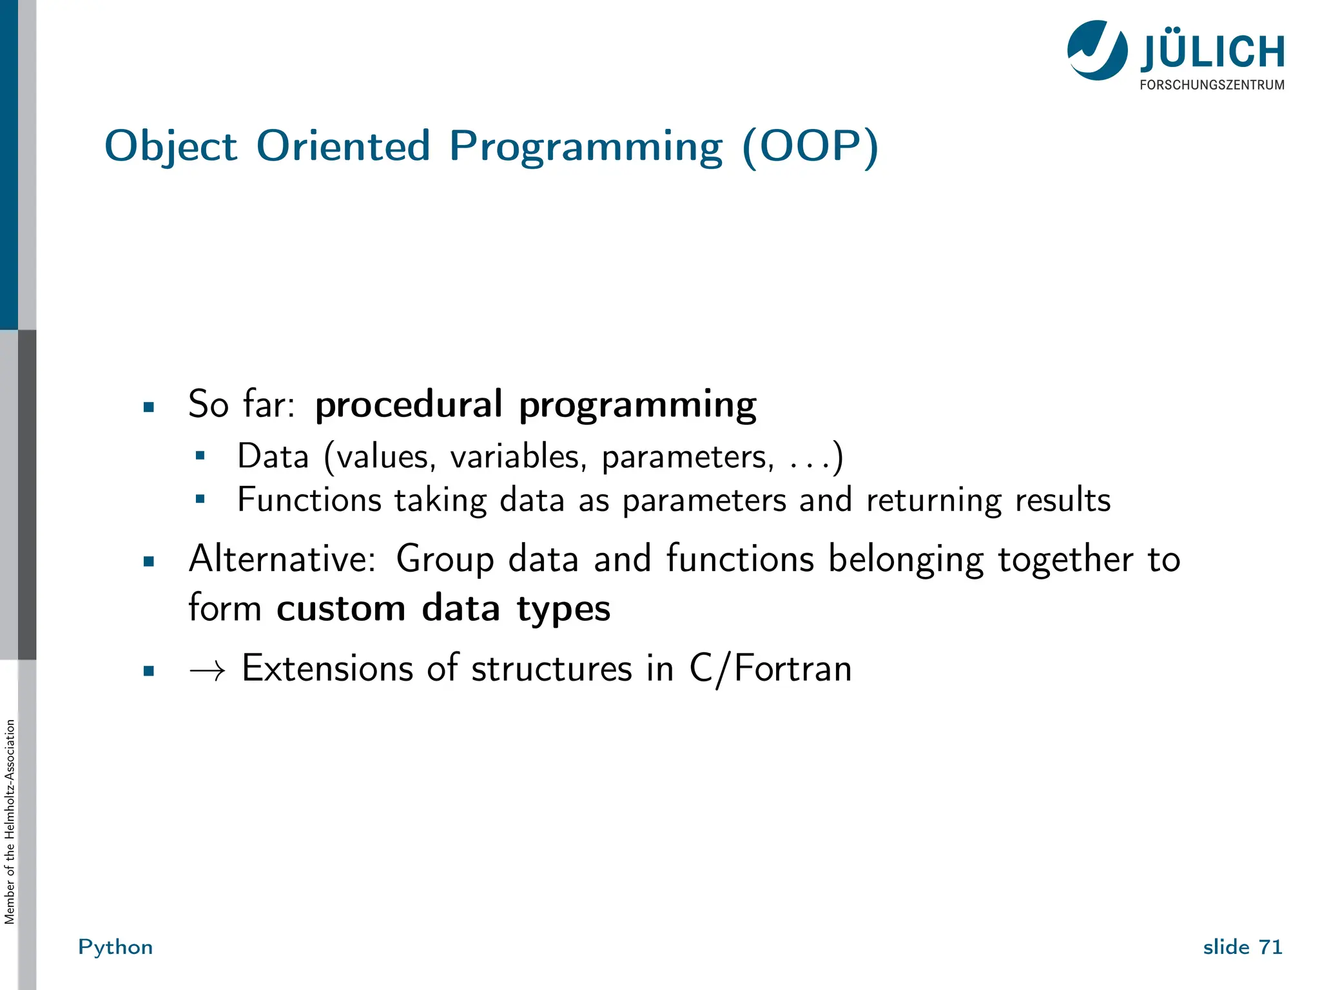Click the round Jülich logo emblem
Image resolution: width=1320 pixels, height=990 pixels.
pos(1097,50)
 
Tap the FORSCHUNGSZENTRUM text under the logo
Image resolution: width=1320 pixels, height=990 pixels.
pos(1212,85)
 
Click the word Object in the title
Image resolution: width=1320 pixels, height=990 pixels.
pos(171,147)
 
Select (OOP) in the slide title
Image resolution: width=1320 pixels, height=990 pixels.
pos(810,147)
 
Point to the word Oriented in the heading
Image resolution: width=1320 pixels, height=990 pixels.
pos(343,146)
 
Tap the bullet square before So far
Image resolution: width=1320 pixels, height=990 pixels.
pos(149,407)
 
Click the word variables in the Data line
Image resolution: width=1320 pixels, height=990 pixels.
pos(518,457)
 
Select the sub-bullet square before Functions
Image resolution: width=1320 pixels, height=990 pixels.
pos(200,498)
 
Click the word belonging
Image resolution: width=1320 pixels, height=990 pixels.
pos(906,559)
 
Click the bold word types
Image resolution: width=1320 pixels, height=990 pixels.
pos(563,610)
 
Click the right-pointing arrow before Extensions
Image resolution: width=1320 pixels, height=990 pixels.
pos(208,671)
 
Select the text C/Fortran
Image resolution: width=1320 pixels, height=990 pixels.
pos(770,668)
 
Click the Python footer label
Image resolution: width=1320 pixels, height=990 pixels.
pos(115,947)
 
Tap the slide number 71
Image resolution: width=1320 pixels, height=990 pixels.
pos(1270,947)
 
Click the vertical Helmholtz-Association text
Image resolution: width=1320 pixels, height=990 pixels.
pos(10,821)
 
